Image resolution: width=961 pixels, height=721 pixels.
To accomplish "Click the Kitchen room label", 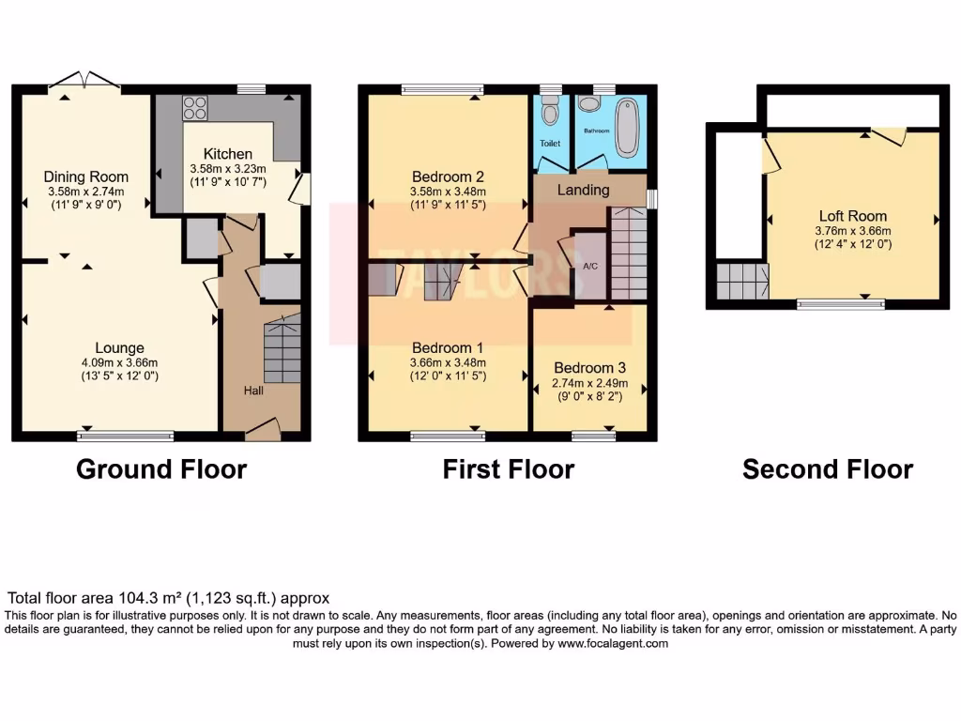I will click(x=228, y=154).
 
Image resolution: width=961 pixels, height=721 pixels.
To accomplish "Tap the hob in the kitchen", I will click(x=195, y=109).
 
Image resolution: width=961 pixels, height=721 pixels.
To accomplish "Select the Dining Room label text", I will click(x=86, y=176).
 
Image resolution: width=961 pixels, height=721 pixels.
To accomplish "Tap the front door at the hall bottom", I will click(x=263, y=429).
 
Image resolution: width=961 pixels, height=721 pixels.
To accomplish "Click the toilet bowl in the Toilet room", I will click(x=551, y=114).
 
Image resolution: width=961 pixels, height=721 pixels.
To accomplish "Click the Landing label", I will click(x=583, y=190).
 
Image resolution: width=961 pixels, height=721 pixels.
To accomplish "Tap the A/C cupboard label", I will click(x=590, y=266).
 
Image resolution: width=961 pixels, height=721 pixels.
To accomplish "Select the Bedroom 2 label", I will click(x=448, y=176).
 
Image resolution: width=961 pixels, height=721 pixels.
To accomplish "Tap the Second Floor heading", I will click(x=827, y=469).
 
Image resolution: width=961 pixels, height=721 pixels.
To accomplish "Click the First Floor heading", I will click(x=508, y=469).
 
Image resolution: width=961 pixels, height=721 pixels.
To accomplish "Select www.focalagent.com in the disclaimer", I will click(x=613, y=644).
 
